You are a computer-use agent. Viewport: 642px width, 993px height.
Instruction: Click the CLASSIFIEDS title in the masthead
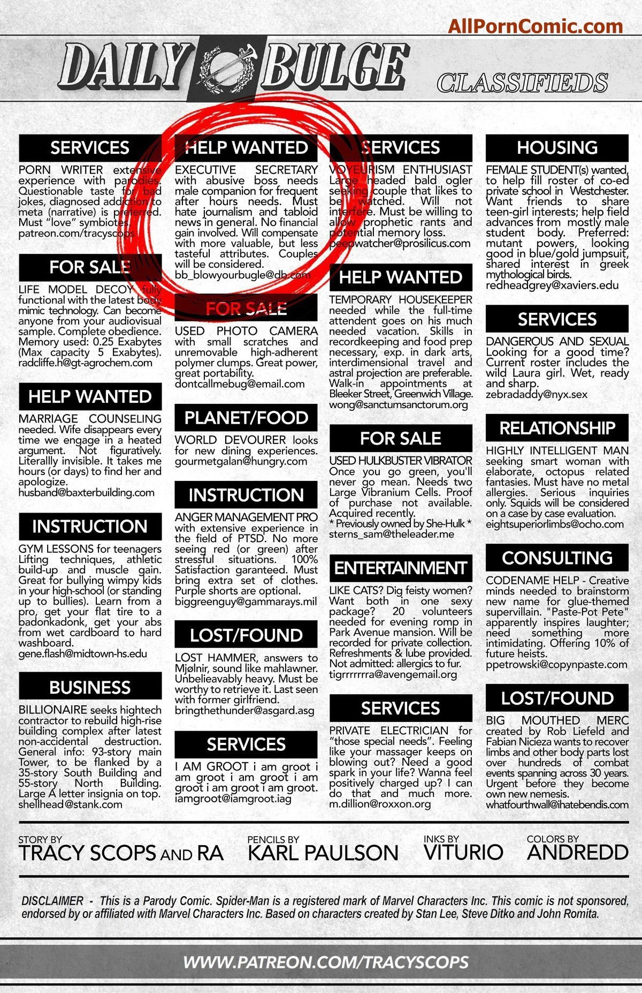(522, 83)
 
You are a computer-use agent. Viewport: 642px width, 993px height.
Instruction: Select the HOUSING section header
(557, 147)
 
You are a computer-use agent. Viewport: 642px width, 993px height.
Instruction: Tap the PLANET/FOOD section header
(246, 418)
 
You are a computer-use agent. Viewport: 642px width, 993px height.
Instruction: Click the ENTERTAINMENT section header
(400, 568)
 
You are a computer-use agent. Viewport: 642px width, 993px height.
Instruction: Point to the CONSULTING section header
(557, 558)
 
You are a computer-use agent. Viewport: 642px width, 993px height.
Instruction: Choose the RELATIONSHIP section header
(557, 428)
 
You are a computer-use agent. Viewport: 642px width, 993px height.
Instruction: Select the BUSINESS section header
(90, 687)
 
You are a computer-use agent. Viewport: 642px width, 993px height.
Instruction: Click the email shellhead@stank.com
(70, 804)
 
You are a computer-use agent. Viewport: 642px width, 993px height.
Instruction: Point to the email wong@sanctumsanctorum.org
(398, 404)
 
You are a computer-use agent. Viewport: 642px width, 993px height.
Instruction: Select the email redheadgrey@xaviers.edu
(552, 285)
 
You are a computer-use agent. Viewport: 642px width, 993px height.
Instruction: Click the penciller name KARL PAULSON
(323, 853)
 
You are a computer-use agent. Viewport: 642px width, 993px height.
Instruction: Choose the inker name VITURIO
(463, 853)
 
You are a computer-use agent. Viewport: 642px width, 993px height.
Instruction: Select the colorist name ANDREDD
(577, 853)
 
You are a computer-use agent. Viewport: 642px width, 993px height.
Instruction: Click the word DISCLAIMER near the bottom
(52, 901)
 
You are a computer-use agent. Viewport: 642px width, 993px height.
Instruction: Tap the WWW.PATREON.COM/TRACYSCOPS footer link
(326, 962)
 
